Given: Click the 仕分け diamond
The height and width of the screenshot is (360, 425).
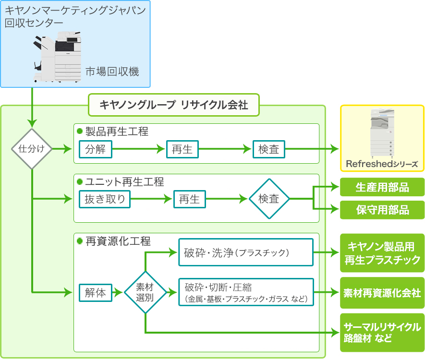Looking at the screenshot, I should click(32, 149).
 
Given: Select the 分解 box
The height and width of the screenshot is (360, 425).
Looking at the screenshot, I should click(95, 149).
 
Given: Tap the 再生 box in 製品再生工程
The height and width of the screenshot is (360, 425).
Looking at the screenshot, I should click(182, 149).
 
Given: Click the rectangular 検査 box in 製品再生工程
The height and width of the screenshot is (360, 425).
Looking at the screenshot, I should click(268, 149).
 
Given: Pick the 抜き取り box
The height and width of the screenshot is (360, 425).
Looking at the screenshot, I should click(105, 199).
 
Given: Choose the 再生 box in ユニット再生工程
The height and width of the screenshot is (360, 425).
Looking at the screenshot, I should click(189, 199).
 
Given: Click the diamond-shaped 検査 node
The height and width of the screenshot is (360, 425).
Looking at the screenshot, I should click(269, 199).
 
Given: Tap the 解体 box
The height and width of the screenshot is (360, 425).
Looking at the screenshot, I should click(95, 292).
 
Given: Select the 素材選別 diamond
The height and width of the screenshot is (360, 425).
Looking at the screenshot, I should click(145, 292).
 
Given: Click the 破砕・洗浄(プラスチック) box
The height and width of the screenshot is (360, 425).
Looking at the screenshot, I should click(246, 252).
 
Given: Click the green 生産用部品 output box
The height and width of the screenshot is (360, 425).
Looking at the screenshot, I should click(382, 187).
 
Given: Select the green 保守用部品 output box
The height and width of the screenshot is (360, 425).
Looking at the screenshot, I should click(382, 210).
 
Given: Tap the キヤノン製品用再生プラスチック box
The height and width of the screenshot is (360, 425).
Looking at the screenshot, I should click(382, 253).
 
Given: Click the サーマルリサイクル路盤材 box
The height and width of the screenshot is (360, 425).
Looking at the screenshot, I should click(382, 332).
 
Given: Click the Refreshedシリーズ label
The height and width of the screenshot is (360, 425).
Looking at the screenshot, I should click(382, 164).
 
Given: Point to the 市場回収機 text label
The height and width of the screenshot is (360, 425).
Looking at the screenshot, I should click(112, 72).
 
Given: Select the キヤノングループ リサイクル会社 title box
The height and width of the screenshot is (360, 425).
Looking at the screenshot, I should click(173, 105).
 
